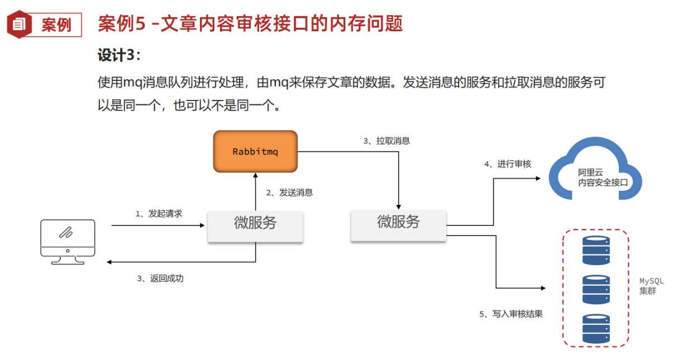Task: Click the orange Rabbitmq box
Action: pos(255,151)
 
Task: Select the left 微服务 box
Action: pos(255,226)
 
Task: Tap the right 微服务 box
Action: pos(398,225)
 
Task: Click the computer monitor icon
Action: pos(68,241)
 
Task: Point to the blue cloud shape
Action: pos(595,170)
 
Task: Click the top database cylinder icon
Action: pos(596,251)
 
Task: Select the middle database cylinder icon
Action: pos(596,289)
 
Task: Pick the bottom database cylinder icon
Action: pos(596,328)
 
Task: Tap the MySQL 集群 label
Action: pos(650,286)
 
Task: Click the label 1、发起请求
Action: pos(159,214)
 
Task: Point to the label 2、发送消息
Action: pos(289,193)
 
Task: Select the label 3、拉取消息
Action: pos(386,141)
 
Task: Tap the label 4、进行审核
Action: pos(507,164)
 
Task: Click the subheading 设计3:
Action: pos(120,55)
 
